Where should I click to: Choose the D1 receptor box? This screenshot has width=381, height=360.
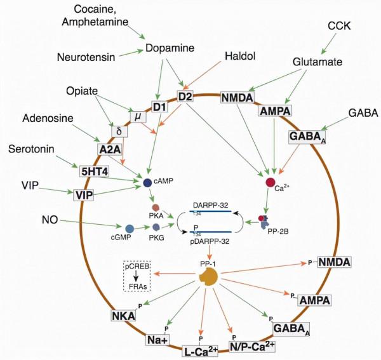click(x=159, y=105)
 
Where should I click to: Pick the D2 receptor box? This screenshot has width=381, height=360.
click(x=185, y=97)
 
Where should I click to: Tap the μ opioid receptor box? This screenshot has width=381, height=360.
click(x=138, y=116)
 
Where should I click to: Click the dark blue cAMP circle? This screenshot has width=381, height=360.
click(x=147, y=183)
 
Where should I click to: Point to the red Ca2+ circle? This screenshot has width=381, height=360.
click(x=270, y=183)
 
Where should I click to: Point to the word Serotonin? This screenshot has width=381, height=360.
click(x=39, y=149)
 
